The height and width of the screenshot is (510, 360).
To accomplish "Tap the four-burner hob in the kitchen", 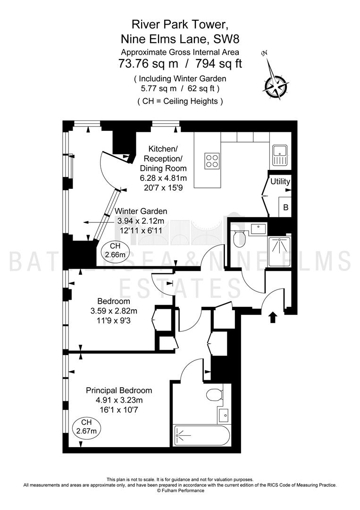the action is coord(211,161).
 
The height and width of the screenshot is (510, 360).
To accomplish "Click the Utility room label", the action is coord(280,181).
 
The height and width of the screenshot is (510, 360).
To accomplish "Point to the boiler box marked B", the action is coord(285,207).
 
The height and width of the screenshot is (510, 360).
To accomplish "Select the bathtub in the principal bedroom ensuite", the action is coord(202,435).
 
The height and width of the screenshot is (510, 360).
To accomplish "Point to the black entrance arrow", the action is coord(273,317).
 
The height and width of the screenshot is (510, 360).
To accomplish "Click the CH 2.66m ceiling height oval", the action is coord(115,250).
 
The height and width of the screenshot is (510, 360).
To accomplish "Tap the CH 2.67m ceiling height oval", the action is coord(86,427).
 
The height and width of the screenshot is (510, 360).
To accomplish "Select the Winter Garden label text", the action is coord(141,211).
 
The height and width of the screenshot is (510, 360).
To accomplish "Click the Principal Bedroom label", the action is coord(119,391).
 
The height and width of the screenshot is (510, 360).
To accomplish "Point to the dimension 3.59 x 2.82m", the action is coord(114,311).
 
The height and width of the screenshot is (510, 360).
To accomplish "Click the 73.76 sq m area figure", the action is coord(148,63).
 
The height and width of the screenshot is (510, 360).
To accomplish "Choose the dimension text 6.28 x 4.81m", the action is coord(163,178).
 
